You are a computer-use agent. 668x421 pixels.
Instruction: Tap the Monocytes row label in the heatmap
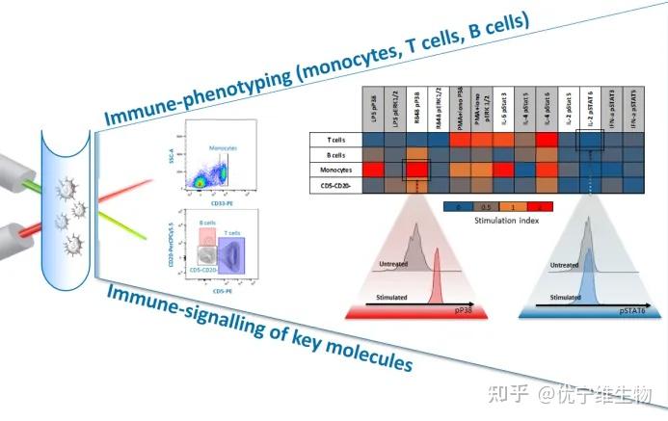tap(333, 171)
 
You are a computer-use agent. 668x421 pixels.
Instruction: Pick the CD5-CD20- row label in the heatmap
tap(333, 186)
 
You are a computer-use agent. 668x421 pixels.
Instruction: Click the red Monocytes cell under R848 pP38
tap(416, 171)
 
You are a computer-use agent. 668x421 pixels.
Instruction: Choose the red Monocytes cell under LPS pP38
tap(373, 171)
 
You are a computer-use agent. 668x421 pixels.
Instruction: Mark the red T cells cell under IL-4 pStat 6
tap(546, 139)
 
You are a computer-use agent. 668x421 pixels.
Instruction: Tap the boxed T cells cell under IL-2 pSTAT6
tap(589, 139)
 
